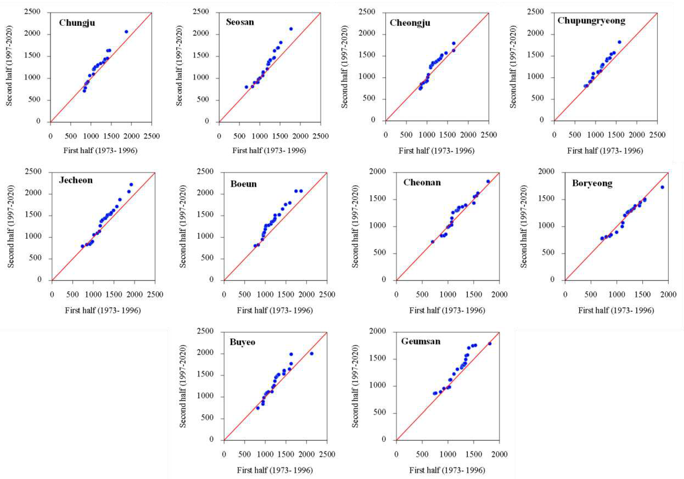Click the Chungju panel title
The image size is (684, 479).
point(77,23)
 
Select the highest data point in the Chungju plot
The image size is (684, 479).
point(126,32)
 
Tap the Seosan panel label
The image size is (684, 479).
point(240,22)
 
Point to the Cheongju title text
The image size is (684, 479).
point(410,23)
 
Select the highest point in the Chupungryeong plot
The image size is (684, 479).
point(619,42)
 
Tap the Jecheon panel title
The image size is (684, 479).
point(76,180)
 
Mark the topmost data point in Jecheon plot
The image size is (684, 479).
point(131,185)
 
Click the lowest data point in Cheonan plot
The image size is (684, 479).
point(433,242)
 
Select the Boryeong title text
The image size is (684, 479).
point(592,183)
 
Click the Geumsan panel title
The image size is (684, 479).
point(421,341)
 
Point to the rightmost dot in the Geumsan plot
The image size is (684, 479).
point(490,344)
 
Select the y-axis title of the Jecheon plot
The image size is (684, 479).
point(11,226)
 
